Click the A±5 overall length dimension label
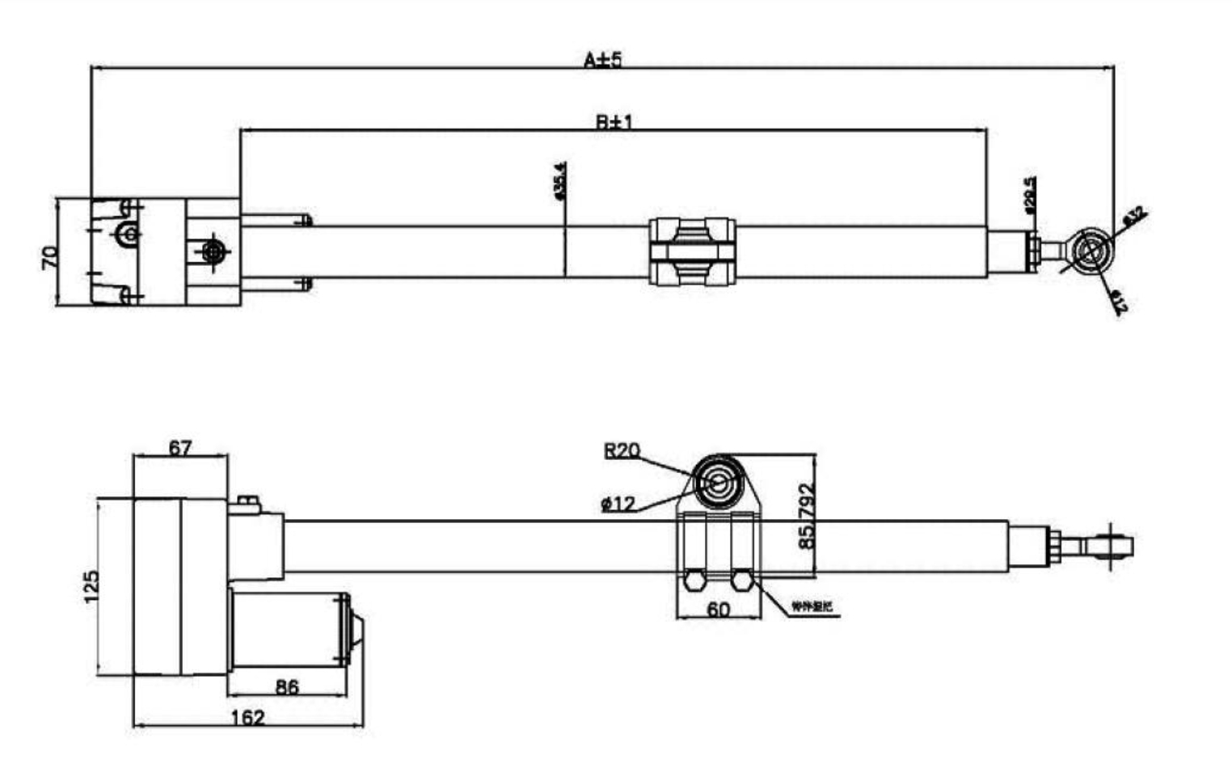[x=603, y=60]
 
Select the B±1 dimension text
[x=614, y=122]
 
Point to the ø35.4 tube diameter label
[x=559, y=180]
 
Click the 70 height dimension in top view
[x=49, y=258]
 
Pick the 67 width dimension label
[x=179, y=447]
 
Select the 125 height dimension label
[x=91, y=586]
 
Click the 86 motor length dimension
[x=287, y=686]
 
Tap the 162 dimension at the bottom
[x=247, y=717]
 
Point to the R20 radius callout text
[x=622, y=450]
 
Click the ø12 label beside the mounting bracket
[x=618, y=504]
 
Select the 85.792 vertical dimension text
[x=806, y=517]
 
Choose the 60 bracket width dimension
[x=718, y=609]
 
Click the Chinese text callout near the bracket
[x=811, y=606]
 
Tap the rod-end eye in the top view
[x=1089, y=250]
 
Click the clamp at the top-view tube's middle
[x=692, y=251]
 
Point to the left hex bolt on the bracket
[x=694, y=580]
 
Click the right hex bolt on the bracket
[x=742, y=580]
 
